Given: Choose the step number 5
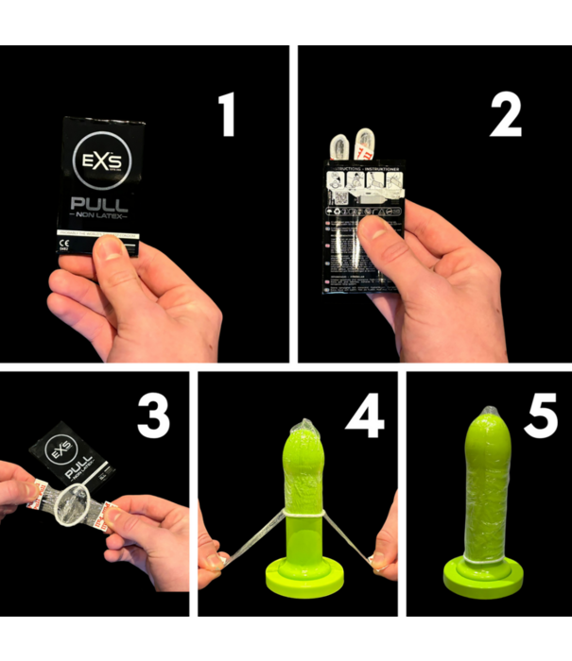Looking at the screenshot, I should (541, 416).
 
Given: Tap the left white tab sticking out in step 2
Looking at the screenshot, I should (337, 145).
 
